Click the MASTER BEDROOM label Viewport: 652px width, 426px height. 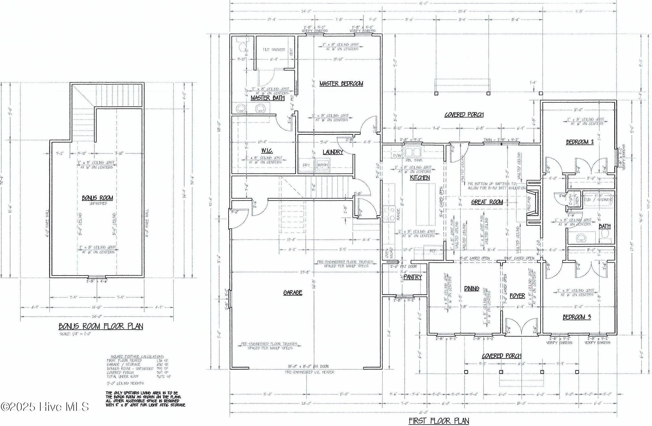click(341, 84)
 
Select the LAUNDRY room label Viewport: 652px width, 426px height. click(333, 152)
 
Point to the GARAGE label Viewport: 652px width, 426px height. click(293, 292)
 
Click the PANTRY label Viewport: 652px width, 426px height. click(413, 277)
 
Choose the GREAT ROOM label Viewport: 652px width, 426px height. click(487, 202)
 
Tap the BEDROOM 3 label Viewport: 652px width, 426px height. click(577, 317)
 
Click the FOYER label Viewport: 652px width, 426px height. click(517, 296)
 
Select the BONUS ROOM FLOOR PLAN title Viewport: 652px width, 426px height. click(101, 326)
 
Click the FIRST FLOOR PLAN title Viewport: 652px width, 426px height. click(439, 421)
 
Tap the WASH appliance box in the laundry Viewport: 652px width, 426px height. click(323, 165)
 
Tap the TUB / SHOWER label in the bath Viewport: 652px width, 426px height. click(598, 200)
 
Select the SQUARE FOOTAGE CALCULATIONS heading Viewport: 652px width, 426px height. click(137, 356)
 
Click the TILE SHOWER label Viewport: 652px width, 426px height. click(273, 49)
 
